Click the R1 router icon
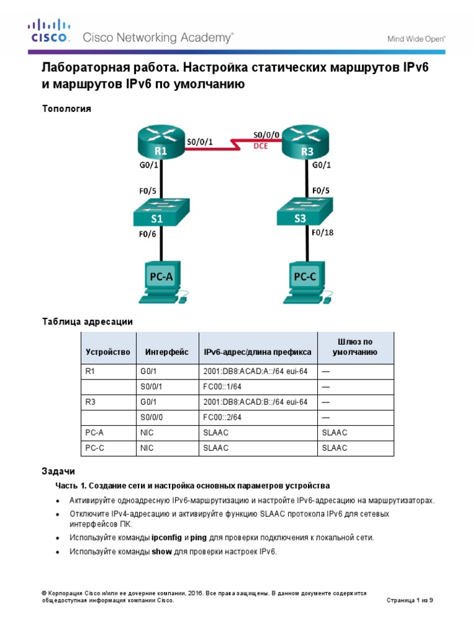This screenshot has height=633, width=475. click(x=161, y=144)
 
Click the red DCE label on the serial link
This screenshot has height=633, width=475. click(x=261, y=147)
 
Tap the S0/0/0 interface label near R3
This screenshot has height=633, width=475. click(x=267, y=133)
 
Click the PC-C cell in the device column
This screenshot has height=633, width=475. click(x=95, y=448)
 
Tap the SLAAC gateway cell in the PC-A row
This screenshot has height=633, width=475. click(x=335, y=433)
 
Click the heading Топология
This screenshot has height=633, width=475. click(x=66, y=109)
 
